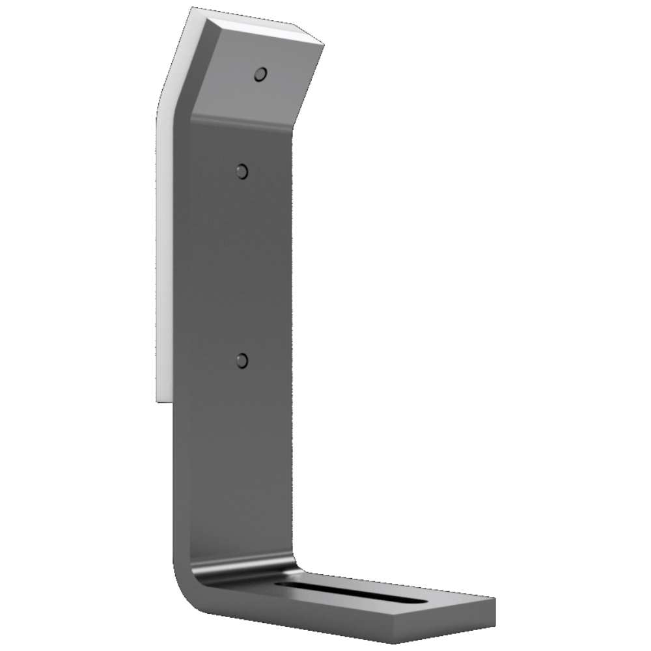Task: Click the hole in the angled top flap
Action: coord(260,75)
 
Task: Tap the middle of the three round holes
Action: coord(242,172)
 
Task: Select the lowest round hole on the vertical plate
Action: coord(243,360)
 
